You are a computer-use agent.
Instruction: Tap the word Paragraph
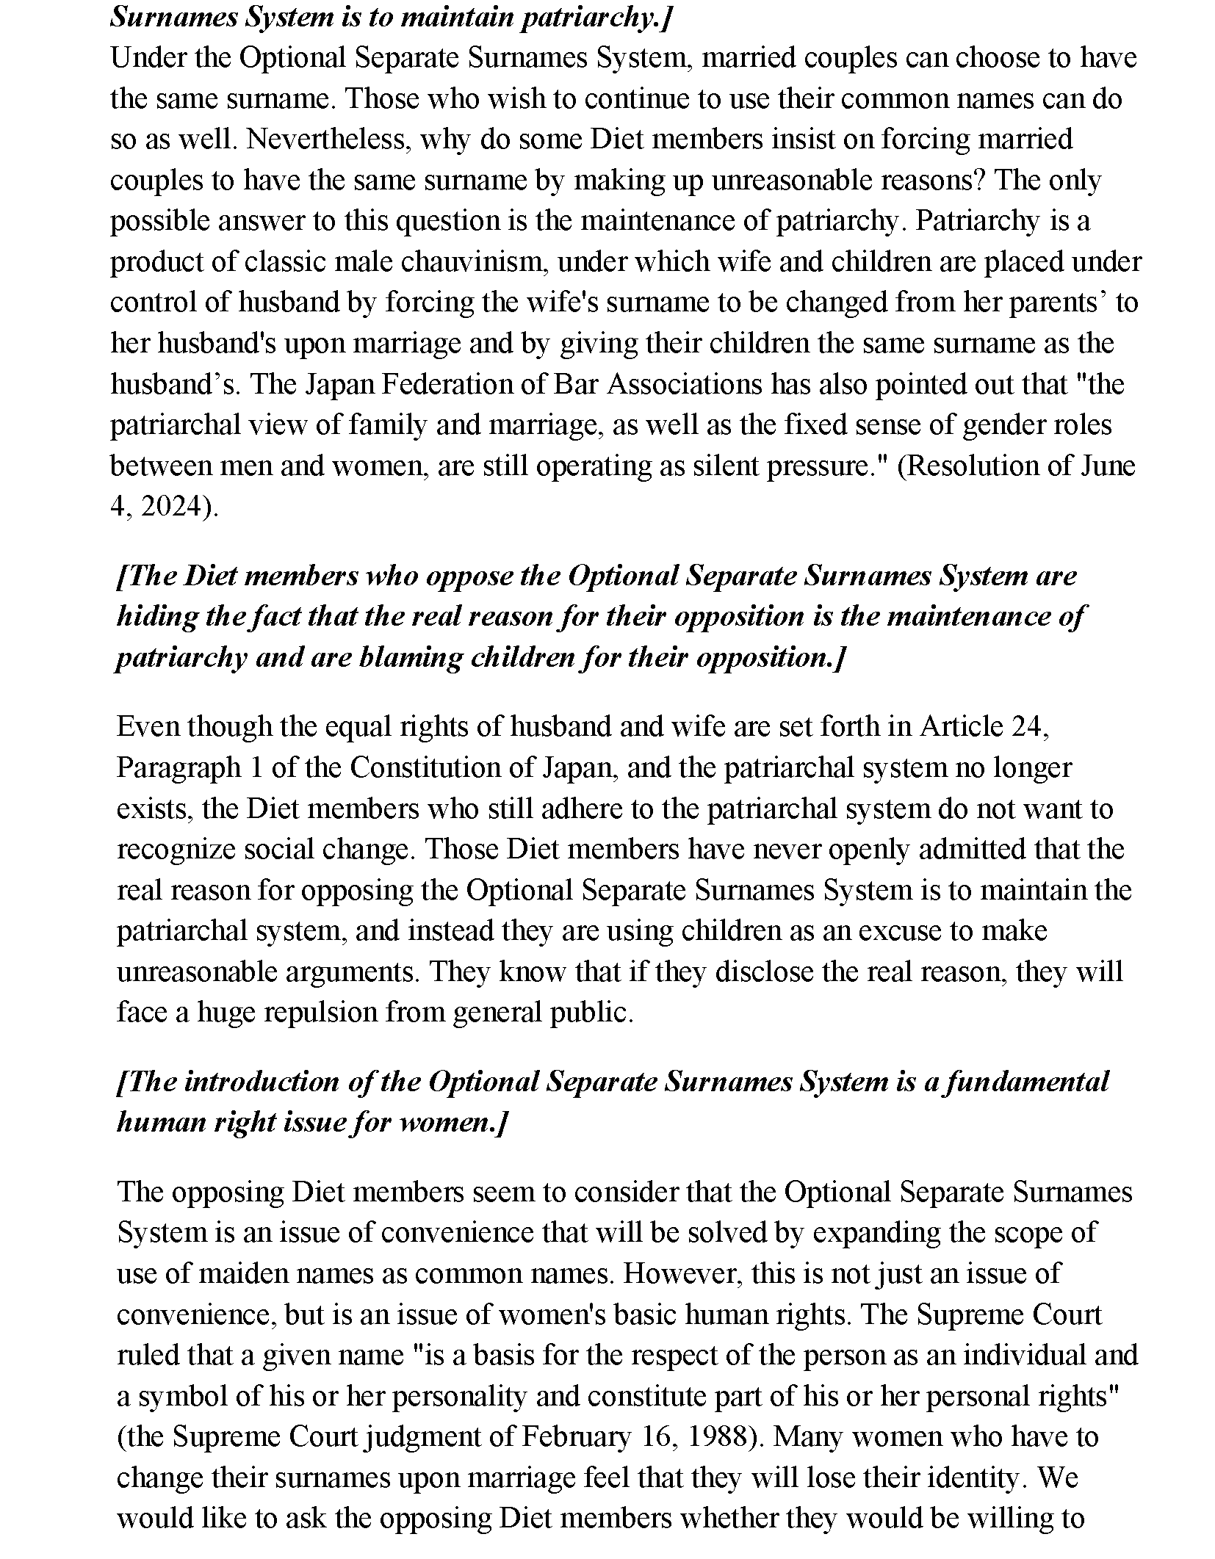[179, 767]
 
